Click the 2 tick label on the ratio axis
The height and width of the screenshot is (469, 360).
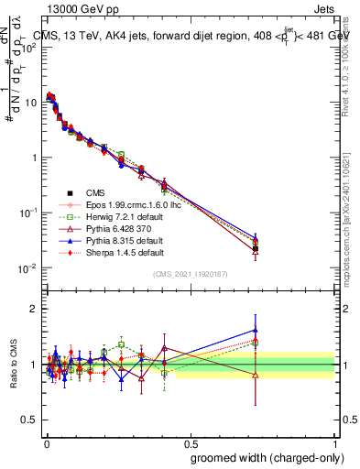(x=31, y=309)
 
